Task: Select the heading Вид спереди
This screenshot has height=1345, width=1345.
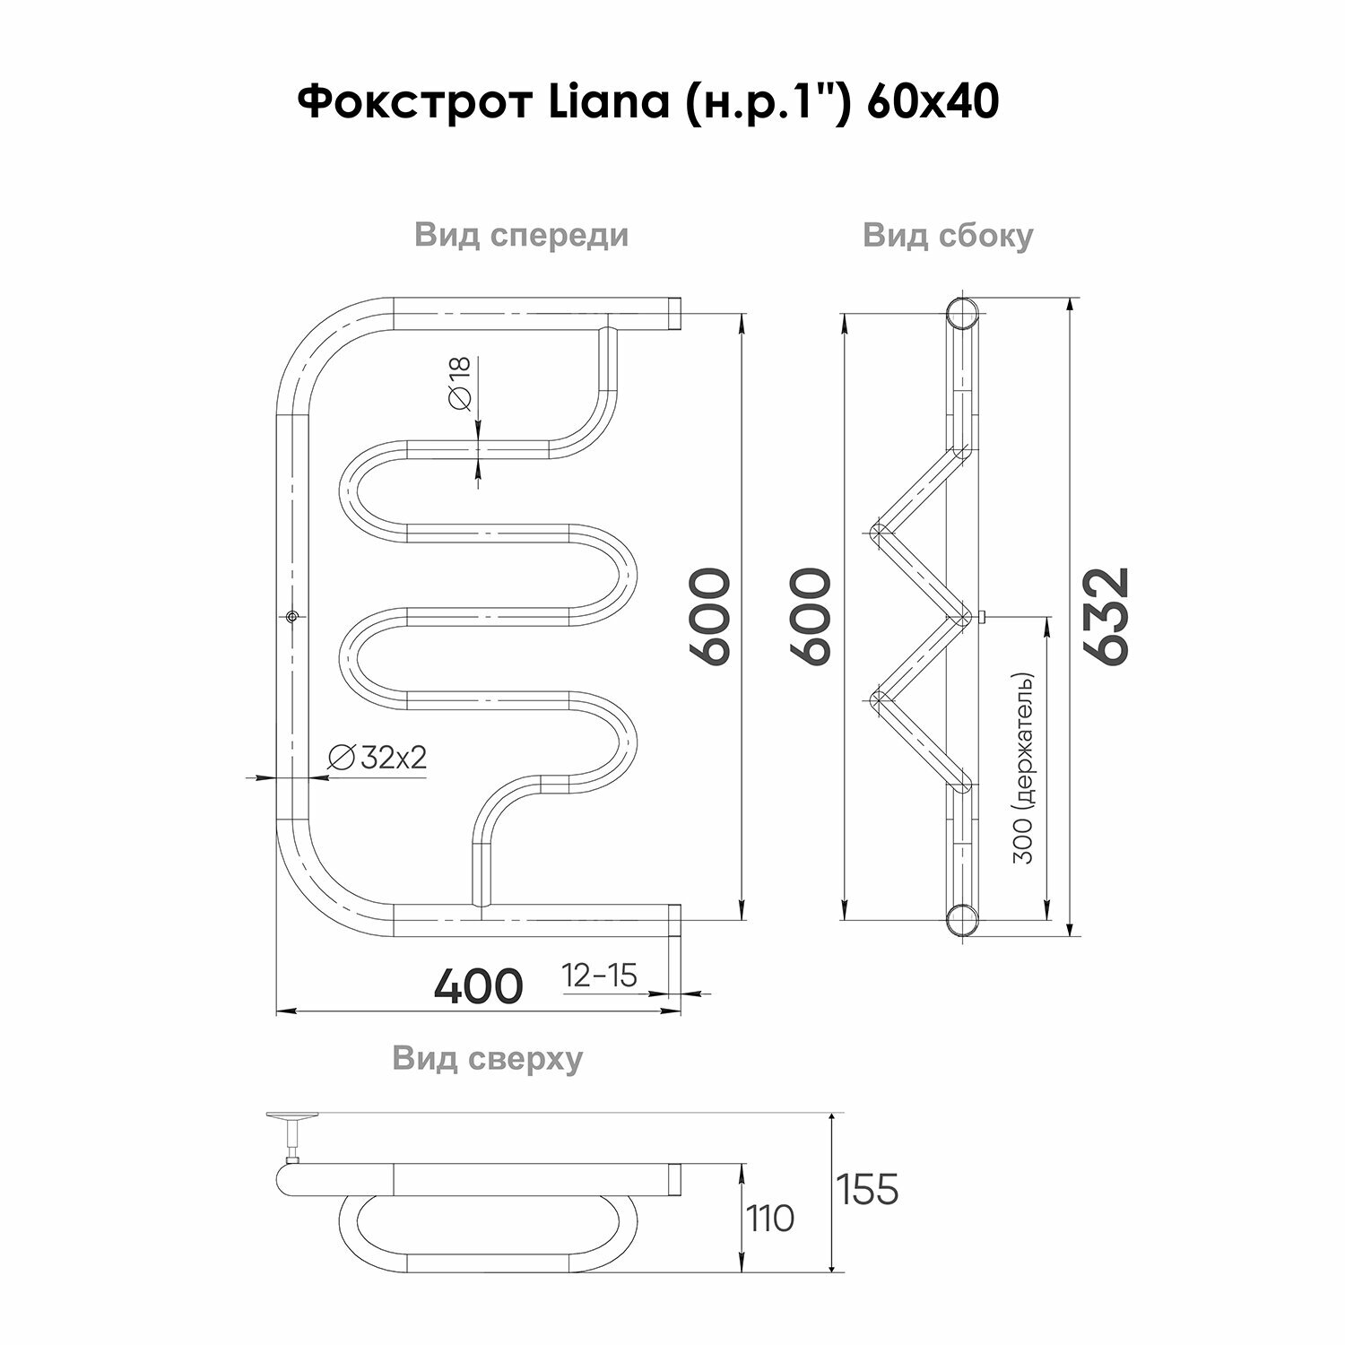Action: pos(521,235)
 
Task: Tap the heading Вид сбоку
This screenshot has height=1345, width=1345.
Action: pos(948,236)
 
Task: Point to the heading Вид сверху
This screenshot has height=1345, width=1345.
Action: pos(487,1058)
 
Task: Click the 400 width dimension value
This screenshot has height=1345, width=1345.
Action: pos(478,985)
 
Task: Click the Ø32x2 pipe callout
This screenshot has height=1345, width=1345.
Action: pos(377,758)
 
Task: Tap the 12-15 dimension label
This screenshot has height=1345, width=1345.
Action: pos(599,975)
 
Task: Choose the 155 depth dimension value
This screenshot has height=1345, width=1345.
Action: pos(867,1189)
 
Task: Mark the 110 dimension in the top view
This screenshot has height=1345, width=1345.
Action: pos(769,1219)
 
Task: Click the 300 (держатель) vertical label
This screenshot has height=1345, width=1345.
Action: pos(1026,768)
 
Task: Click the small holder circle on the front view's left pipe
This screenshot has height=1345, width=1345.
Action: pos(292,617)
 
